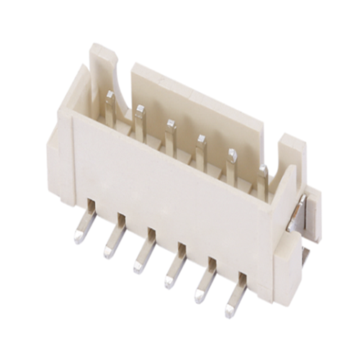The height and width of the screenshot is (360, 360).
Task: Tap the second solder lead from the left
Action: [112, 242]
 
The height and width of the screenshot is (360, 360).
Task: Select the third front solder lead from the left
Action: [141, 256]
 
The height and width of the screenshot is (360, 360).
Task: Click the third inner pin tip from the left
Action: [170, 124]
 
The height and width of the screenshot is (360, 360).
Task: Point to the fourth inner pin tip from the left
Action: [201, 138]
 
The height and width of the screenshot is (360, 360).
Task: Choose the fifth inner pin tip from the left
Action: [232, 153]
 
